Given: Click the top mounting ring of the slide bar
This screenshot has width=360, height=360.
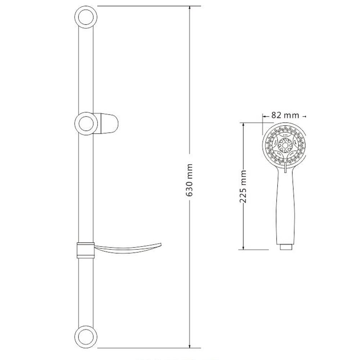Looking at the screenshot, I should point(85,17).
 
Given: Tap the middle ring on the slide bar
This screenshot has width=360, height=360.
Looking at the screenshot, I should point(85,122).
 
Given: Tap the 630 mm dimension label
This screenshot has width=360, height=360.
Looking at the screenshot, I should point(190,180).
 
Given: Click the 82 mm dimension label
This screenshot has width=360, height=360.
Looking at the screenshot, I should point(285,115).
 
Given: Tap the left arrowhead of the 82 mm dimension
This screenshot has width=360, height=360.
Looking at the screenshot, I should point(264,116).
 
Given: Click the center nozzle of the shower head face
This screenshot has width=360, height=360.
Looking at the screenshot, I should point(285,146).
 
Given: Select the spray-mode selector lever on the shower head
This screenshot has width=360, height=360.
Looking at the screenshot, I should point(284,168).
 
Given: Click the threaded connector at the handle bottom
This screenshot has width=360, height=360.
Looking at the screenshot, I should point(285,247).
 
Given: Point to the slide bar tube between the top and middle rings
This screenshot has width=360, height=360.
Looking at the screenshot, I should point(85,68).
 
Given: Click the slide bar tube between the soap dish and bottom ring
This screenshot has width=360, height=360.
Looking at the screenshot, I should point(85,292).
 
